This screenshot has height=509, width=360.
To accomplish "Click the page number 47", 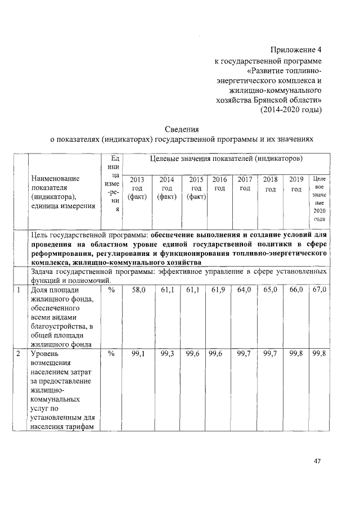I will [x=317, y=461].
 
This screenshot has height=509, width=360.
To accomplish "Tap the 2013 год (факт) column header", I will [x=137, y=188].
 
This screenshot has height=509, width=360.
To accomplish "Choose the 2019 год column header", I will [x=296, y=183].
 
